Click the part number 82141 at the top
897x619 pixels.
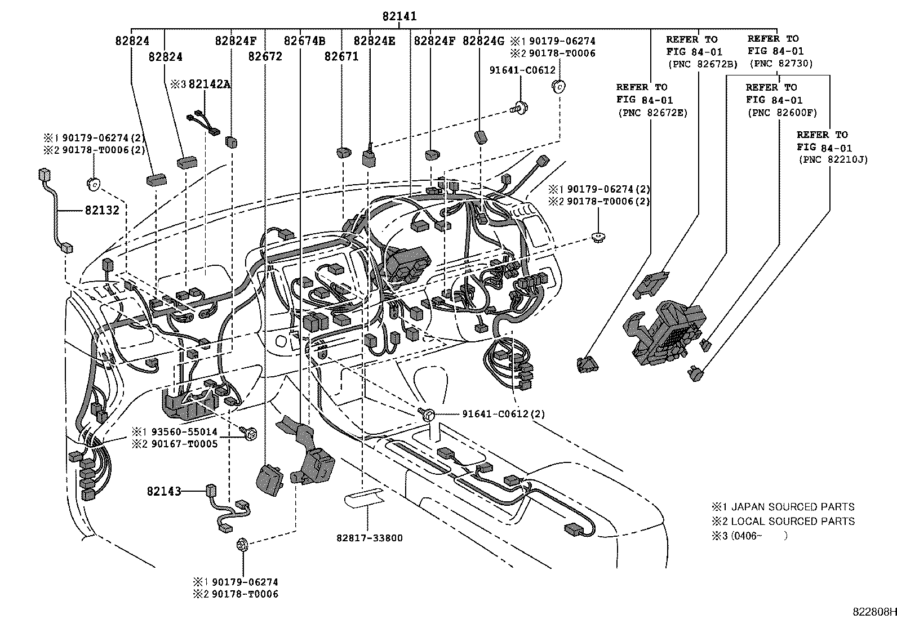pos(399,17)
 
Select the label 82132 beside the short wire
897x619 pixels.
pos(102,210)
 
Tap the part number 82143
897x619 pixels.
pos(164,491)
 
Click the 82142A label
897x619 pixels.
pos(210,84)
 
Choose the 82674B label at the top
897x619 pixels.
pos(304,41)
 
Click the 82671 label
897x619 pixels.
pos(341,56)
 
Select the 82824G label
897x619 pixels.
pos(483,41)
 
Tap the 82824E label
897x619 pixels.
pos(374,41)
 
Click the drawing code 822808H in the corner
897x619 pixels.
pos(873,612)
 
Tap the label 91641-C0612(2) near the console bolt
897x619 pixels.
pos(503,414)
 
